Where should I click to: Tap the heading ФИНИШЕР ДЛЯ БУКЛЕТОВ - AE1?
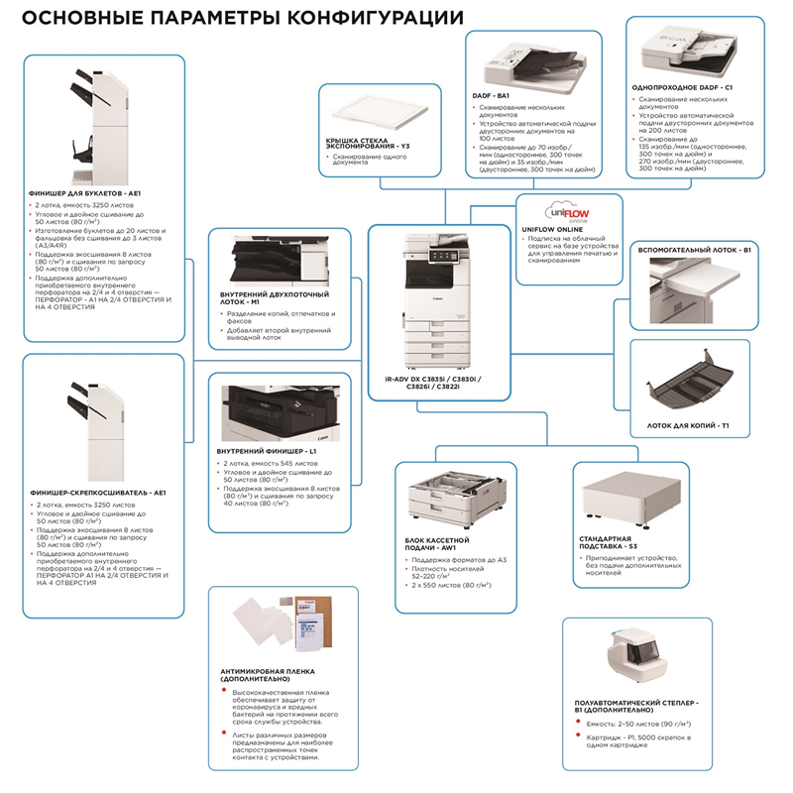point(86,193)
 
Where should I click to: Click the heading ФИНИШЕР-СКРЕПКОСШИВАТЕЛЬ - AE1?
point(98,491)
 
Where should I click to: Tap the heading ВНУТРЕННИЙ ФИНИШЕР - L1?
point(266,451)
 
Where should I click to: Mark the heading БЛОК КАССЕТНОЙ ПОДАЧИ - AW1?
point(443,543)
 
